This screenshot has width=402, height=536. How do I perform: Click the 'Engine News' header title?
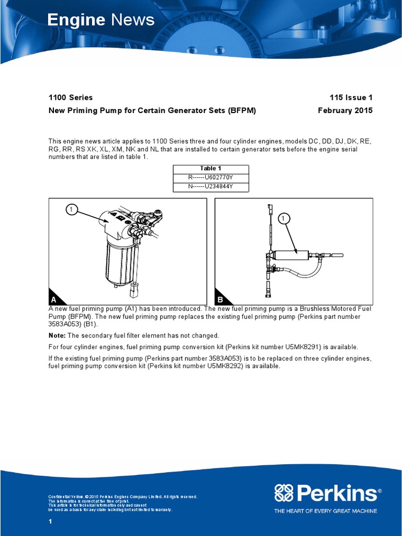[101, 20]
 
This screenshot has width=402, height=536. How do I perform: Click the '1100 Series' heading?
[71, 97]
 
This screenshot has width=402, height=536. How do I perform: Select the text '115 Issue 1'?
[351, 97]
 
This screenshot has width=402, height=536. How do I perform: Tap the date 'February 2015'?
[345, 110]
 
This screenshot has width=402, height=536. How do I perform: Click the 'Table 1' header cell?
[211, 169]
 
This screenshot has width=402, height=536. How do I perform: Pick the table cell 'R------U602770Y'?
[211, 178]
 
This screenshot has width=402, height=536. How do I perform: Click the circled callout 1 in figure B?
[283, 218]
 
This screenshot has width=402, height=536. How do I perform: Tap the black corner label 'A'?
[54, 300]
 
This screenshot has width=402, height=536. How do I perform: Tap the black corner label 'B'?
[220, 300]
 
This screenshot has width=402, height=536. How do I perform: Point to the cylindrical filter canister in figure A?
[121, 262]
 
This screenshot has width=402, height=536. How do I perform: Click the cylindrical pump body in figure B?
[293, 255]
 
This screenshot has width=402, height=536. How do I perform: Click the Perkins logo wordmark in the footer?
[326, 493]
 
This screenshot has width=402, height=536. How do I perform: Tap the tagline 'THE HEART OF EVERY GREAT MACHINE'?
[326, 511]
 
